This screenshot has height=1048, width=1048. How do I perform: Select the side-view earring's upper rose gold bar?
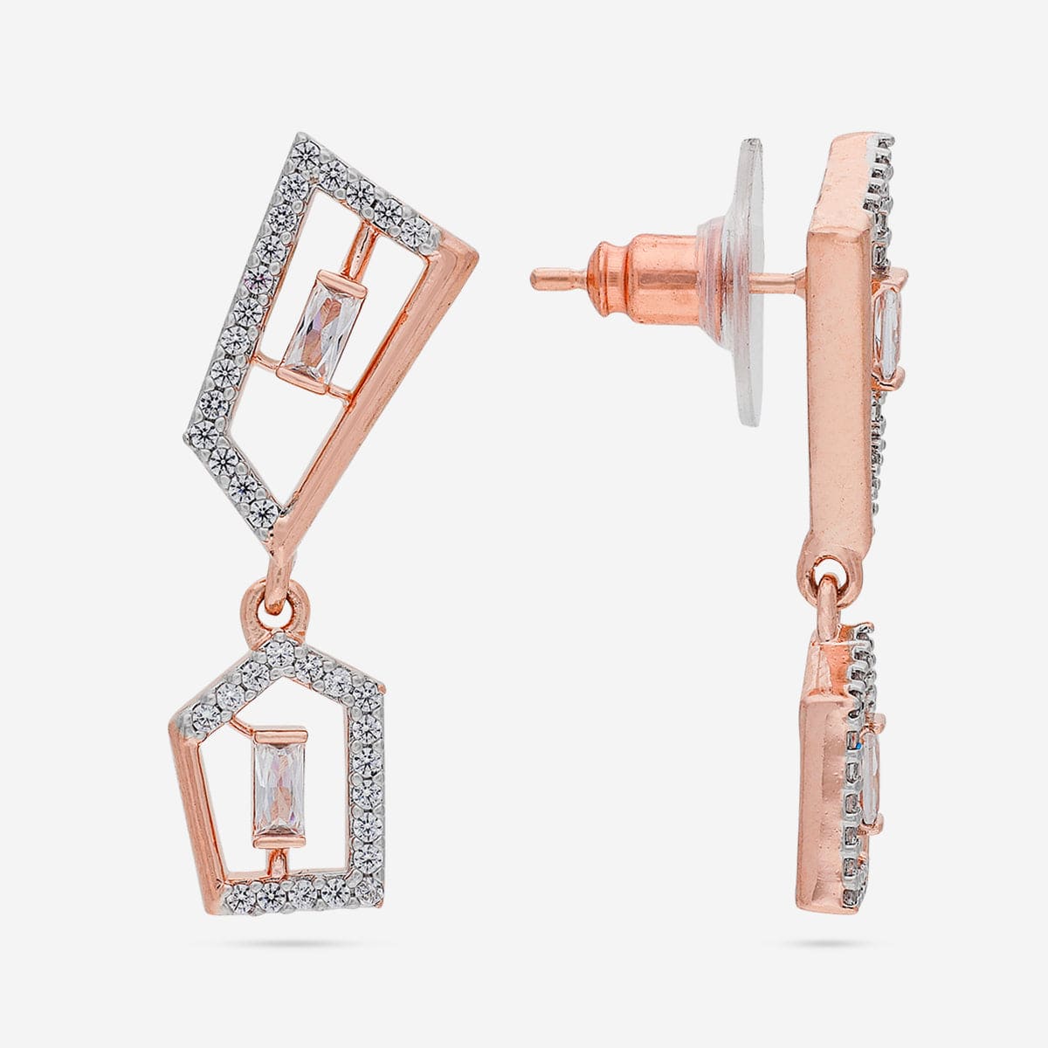pos(840,349)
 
